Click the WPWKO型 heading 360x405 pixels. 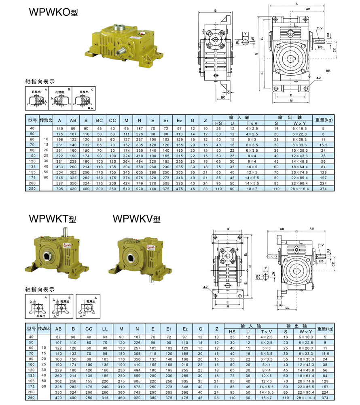(53, 13)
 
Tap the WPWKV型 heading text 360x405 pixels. (137, 219)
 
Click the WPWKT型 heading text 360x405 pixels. (53, 219)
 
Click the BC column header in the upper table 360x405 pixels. (99, 120)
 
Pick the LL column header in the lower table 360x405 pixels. (105, 329)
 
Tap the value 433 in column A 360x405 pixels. (59, 166)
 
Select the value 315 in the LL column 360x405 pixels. (105, 398)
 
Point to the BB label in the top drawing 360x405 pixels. (328, 70)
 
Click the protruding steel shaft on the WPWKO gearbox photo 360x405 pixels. (121, 52)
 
